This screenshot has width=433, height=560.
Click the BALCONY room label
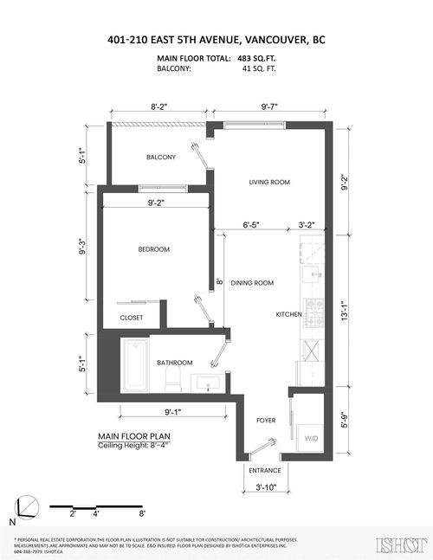[x=161, y=157]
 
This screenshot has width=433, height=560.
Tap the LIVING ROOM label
[x=268, y=182]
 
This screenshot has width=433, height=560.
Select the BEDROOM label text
[x=154, y=249]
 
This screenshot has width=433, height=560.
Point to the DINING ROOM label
[x=252, y=282]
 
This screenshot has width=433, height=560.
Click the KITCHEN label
[x=288, y=313]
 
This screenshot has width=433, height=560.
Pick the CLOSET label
[x=132, y=319]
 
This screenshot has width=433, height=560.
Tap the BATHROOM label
[x=174, y=363]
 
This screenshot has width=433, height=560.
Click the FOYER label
[x=266, y=420]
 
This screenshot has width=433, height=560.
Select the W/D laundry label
[x=310, y=438]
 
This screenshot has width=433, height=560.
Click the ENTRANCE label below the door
[x=265, y=472]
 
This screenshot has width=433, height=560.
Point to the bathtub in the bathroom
[x=137, y=365]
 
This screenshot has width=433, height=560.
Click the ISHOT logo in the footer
[x=399, y=545]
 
